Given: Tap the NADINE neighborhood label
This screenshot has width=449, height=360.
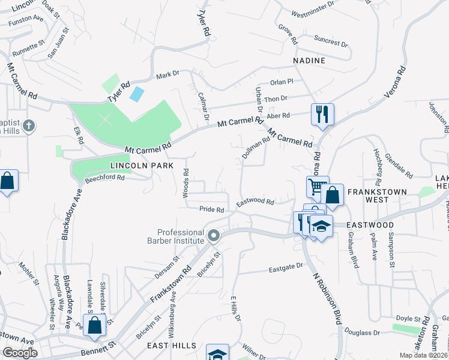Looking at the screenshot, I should pyautogui.click(x=309, y=61).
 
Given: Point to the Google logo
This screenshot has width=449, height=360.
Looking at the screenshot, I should pyautogui.click(x=20, y=353).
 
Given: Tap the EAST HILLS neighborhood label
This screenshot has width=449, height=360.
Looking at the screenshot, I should pyautogui.click(x=172, y=346).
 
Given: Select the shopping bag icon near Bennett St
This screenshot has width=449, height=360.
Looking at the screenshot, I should pyautogui.click(x=95, y=326).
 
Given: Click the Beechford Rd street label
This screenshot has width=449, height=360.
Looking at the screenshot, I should pyautogui.click(x=104, y=178).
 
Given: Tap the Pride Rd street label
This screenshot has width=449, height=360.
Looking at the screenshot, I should pyautogui.click(x=212, y=210).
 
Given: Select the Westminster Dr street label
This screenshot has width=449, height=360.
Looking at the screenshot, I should pyautogui.click(x=312, y=12).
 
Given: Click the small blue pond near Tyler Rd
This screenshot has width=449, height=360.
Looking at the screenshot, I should pyautogui.click(x=137, y=94).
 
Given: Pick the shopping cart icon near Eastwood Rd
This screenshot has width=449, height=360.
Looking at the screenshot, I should pyautogui.click(x=317, y=187).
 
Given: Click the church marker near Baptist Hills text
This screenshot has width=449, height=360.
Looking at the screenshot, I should pyautogui.click(x=28, y=127).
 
